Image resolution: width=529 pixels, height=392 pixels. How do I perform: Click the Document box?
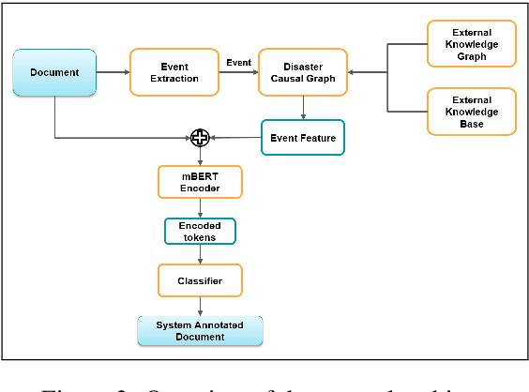(x=54, y=72)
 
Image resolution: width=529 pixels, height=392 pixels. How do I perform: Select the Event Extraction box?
(x=174, y=72)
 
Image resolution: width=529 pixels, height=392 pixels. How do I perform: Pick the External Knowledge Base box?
(x=471, y=111)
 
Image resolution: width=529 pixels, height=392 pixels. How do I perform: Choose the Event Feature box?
(x=303, y=138)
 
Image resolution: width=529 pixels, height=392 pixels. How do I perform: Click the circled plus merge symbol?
(x=199, y=139)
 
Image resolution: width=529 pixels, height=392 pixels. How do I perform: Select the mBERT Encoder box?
(x=199, y=181)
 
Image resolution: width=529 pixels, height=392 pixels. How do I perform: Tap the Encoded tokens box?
(x=199, y=231)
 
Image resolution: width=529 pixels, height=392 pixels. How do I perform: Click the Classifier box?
(x=199, y=279)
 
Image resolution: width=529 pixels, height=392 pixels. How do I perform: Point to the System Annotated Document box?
(x=198, y=330)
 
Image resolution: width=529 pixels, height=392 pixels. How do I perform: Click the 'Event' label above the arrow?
(x=238, y=62)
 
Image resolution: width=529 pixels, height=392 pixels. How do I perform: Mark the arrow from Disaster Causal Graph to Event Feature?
(x=302, y=108)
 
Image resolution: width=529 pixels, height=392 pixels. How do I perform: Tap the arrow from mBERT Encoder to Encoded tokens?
(x=199, y=207)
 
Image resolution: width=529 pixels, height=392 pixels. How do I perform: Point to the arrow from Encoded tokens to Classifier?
(x=199, y=254)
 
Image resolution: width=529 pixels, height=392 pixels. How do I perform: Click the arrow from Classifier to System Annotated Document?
(x=199, y=306)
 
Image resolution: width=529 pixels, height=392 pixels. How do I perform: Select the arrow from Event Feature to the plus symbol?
(x=234, y=139)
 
